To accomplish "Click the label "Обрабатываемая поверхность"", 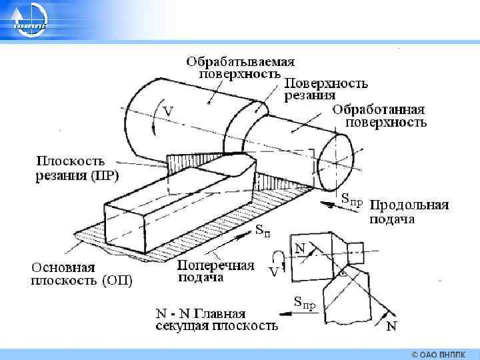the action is click(x=240, y=67).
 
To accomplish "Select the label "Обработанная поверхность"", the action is click(x=379, y=116).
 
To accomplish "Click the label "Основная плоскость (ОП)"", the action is click(x=82, y=273).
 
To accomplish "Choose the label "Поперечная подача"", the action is click(x=215, y=271).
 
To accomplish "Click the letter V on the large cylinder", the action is click(x=168, y=112).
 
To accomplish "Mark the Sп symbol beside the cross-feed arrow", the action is click(x=263, y=231).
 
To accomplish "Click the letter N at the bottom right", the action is click(x=391, y=326).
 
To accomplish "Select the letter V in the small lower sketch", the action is click(x=273, y=272).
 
